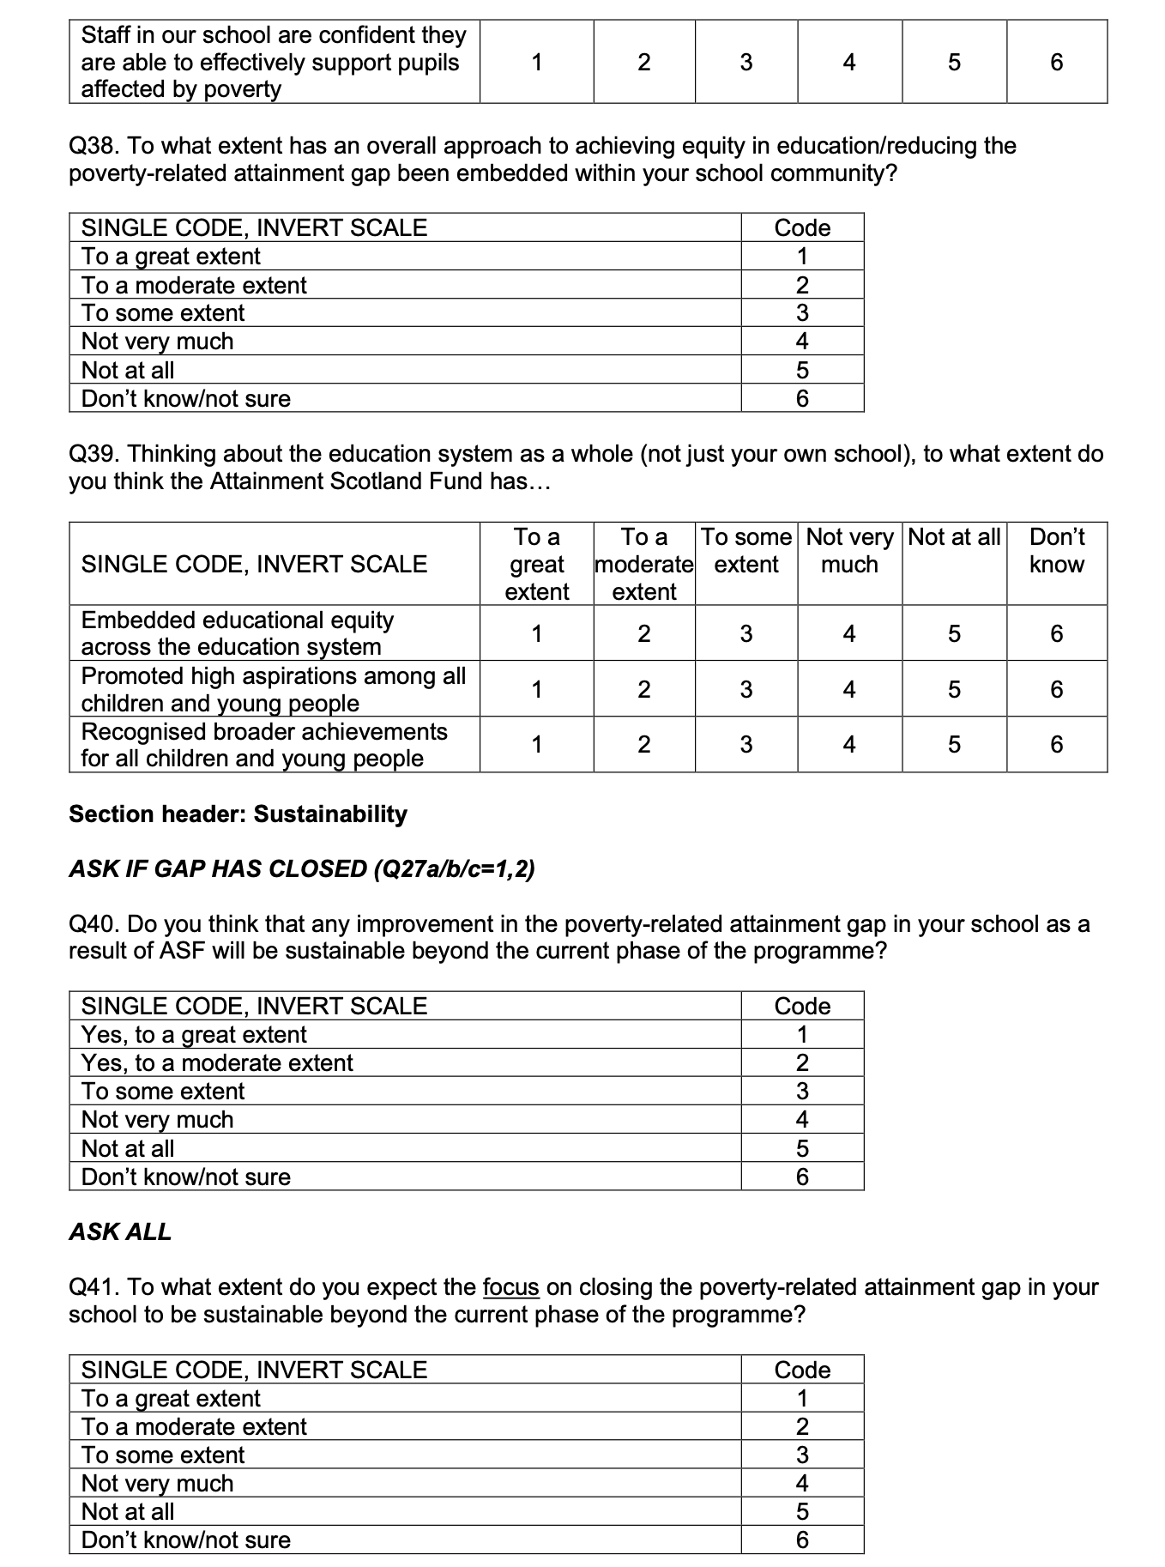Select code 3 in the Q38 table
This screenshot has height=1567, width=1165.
(802, 313)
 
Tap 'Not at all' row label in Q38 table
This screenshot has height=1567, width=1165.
(128, 370)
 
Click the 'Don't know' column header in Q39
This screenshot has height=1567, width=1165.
(1056, 551)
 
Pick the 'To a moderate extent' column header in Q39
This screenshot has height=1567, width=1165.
(643, 564)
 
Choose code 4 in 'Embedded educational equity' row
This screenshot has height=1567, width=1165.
(848, 634)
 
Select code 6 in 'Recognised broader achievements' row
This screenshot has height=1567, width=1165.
(1056, 744)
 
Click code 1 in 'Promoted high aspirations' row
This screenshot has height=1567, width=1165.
(536, 689)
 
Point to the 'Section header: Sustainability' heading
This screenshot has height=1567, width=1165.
(238, 814)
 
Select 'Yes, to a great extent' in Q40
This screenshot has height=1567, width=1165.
(194, 1035)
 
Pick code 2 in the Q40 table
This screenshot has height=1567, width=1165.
(802, 1063)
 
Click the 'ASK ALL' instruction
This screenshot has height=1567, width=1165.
(120, 1231)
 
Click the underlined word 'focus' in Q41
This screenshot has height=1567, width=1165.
(510, 1287)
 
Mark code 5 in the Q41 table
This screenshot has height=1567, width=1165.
(802, 1511)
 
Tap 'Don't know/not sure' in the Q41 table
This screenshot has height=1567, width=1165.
(186, 1540)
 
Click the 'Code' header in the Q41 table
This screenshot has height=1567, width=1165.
(802, 1370)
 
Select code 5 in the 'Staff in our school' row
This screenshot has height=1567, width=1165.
(953, 62)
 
